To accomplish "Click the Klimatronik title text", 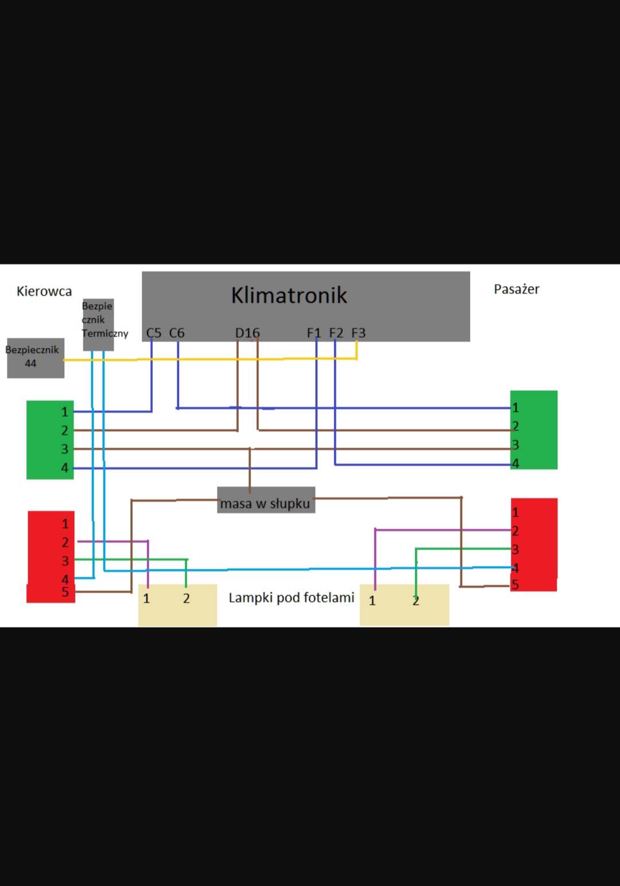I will [x=289, y=295].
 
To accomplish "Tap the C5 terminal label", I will [x=154, y=333].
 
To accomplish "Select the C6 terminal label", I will [x=177, y=333].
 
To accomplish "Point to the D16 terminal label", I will [x=247, y=333].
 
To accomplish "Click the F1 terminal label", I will [x=313, y=333].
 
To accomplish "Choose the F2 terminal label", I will [x=336, y=333].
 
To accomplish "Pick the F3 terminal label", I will [x=358, y=333].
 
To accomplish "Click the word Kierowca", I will [x=44, y=291].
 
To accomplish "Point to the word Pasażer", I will [x=517, y=289].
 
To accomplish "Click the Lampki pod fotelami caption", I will [x=291, y=598].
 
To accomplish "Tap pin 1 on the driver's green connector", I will [x=65, y=412].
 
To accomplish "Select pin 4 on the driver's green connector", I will [x=65, y=468].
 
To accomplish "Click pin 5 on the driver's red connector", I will [x=65, y=592].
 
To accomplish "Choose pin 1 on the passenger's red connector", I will [x=515, y=512].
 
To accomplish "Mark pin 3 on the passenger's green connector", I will [x=515, y=445].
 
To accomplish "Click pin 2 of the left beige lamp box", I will [x=187, y=599].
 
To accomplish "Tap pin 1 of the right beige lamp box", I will [x=372, y=601].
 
